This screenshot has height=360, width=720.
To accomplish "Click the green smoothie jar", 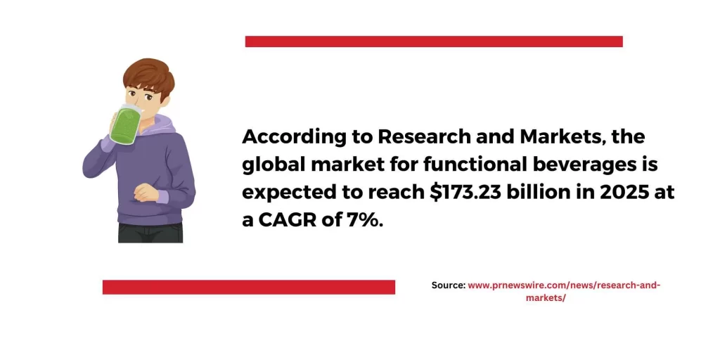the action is coord(124,124).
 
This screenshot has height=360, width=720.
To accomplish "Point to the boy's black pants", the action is coord(150,233).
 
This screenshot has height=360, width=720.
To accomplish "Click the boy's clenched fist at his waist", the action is coord(146,192).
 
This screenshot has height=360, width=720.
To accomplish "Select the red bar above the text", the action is coord(434,41).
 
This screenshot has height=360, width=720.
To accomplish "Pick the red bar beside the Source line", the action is coord(249,287).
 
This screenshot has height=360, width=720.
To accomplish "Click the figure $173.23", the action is coord(465,193).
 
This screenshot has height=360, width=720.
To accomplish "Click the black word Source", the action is coord(449,285).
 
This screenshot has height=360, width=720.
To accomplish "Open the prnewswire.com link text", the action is coord(565,292).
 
